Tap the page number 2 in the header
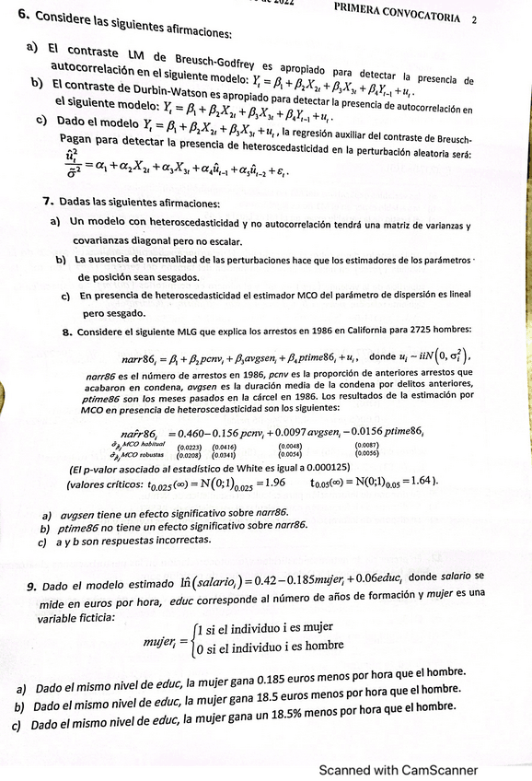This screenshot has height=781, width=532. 474,17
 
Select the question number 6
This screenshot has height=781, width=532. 23,15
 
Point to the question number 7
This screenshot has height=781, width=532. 47,200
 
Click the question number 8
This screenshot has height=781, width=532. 67,330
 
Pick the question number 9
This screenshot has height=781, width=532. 31,586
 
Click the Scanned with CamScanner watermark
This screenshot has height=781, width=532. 398,770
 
